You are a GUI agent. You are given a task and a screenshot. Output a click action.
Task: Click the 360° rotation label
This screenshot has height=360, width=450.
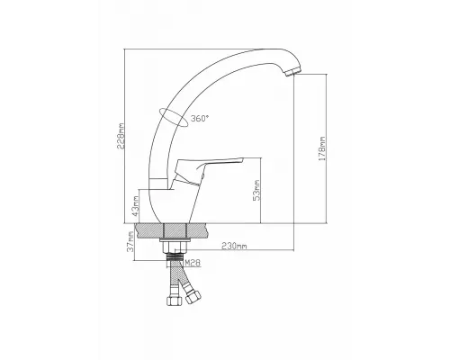pyautogui.click(x=200, y=119)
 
